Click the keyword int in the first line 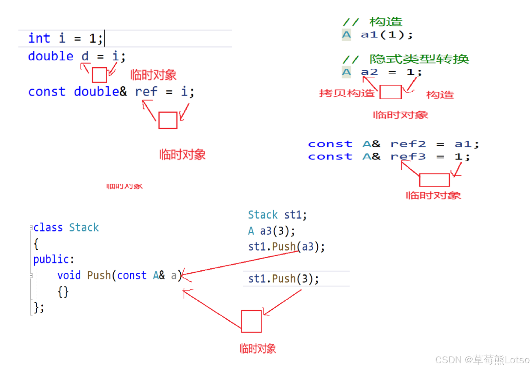39,38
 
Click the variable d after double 85,56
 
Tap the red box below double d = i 99,75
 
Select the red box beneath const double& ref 168,120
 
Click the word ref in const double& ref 146,92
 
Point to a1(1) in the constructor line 386,35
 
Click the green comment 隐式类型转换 419,59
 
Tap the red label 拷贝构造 347,93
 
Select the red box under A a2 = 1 390,92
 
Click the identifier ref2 408,144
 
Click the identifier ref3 408,157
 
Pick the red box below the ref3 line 434,180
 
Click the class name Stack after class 84,228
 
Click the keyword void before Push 69,275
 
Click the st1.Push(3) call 283,279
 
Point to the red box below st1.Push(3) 252,321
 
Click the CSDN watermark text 482,360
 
